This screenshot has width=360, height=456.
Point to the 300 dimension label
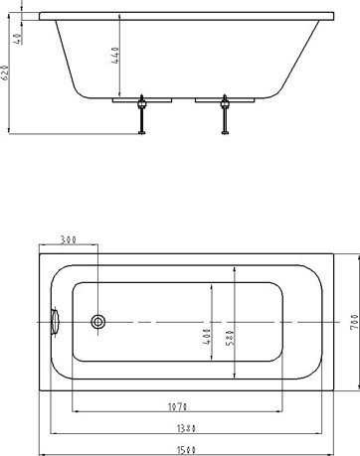pyautogui.click(x=71, y=239)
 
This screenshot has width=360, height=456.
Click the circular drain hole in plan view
pyautogui.click(x=98, y=321)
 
